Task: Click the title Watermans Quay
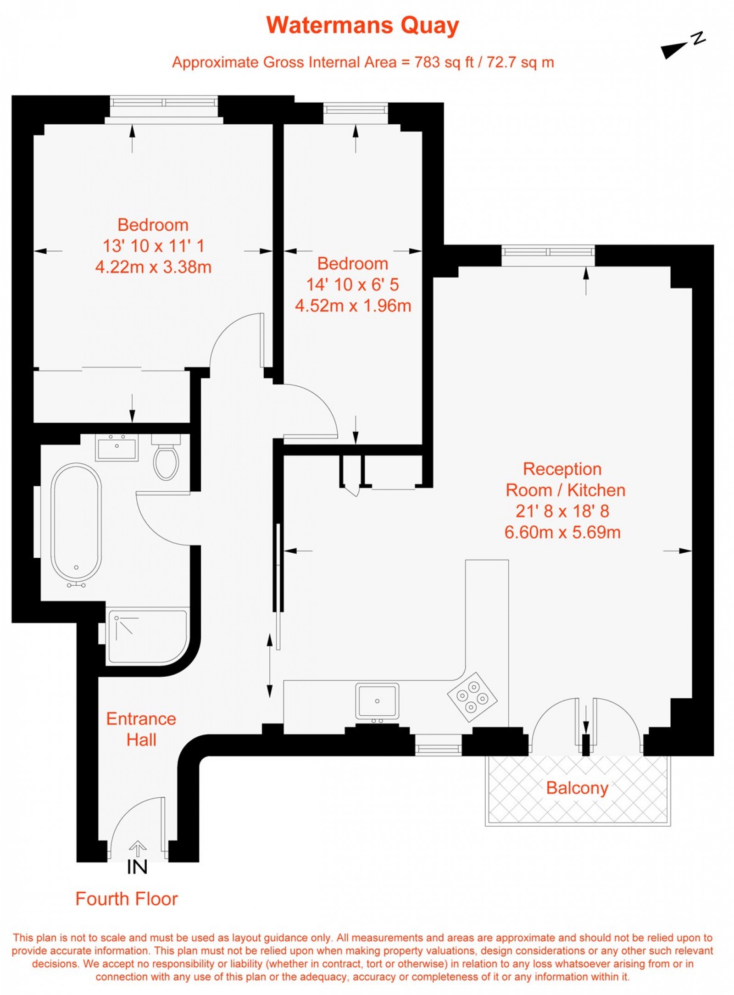(362, 26)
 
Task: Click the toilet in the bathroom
(166, 460)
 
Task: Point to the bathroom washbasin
(117, 447)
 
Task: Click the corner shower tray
(147, 636)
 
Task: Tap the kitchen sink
(377, 700)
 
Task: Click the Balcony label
(577, 788)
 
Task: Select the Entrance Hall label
(141, 729)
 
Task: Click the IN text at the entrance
(137, 867)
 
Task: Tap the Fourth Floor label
(127, 899)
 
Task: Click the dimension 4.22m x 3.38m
(153, 267)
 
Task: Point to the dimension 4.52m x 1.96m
(353, 306)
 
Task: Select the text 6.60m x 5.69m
(562, 532)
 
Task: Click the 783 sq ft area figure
(444, 62)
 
